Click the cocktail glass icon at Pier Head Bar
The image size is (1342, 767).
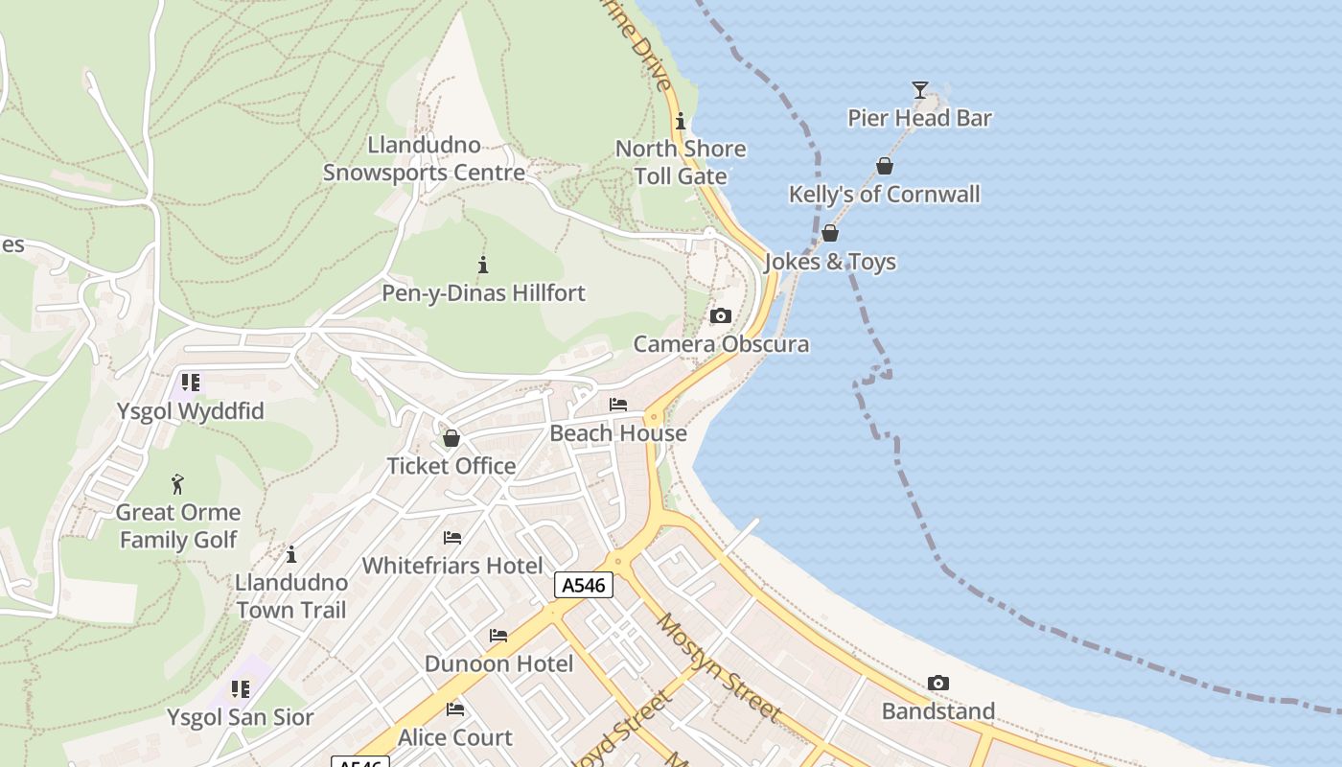pos(920,90)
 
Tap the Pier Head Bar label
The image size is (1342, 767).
pos(919,118)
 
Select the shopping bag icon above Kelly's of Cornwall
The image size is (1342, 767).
pos(885,166)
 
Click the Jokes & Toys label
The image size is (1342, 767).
pos(830,262)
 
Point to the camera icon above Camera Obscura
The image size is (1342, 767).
pos(721,316)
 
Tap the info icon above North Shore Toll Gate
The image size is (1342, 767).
pos(681,121)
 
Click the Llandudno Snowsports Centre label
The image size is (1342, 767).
pos(424,159)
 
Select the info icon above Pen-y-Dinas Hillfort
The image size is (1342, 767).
pos(483,265)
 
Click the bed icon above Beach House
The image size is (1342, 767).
pos(618,405)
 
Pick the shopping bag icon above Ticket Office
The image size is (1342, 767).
pos(451,438)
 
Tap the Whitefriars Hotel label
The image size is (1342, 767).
pos(452,566)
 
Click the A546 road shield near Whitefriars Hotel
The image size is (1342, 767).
pos(583,585)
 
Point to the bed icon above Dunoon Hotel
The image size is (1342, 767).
pos(498,636)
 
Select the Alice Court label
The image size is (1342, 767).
pos(454,737)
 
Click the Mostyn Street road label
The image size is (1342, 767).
pos(719,667)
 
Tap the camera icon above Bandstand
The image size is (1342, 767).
pos(938,684)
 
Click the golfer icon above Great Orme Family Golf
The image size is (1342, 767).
pos(177,484)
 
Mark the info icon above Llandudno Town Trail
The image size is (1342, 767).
pos(291,554)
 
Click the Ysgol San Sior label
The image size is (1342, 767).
pos(240,717)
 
